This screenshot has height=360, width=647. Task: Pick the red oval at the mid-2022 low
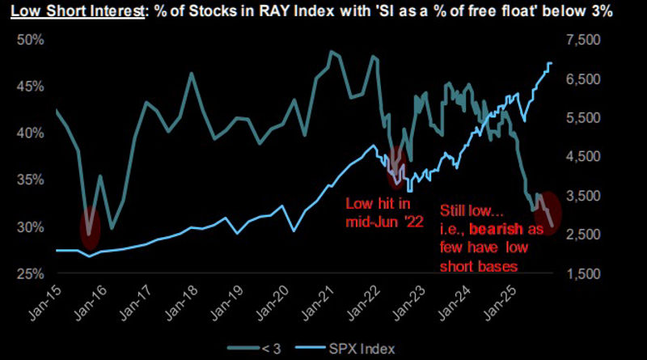[396, 167]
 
